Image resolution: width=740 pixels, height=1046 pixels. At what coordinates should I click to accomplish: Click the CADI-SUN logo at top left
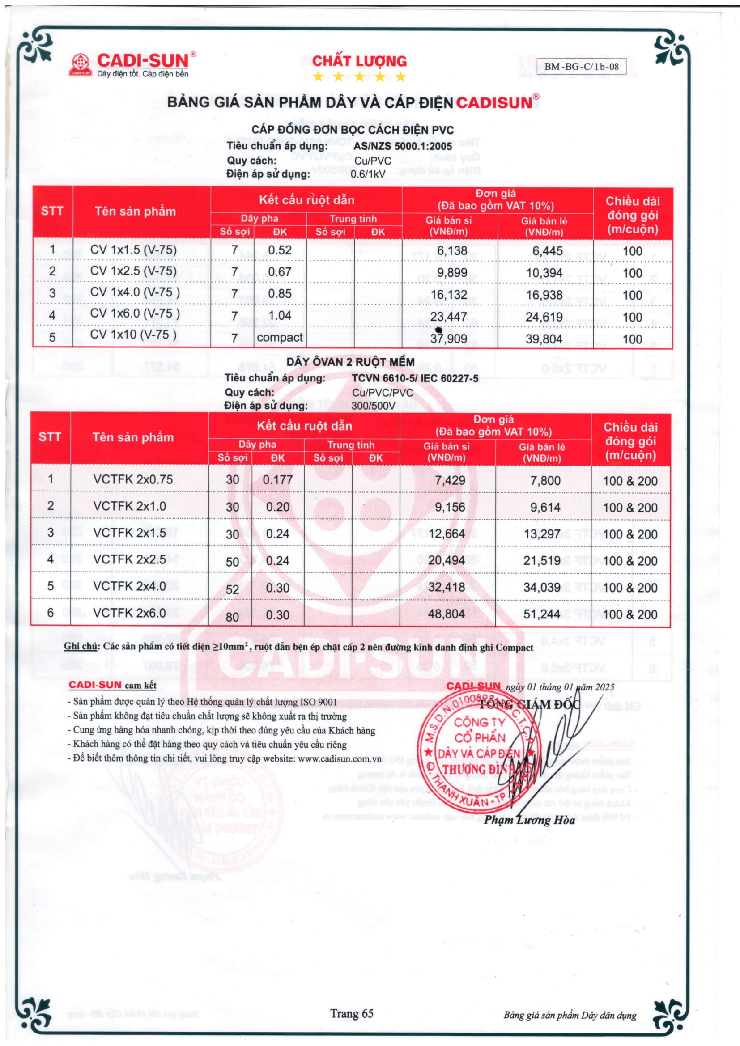point(132,65)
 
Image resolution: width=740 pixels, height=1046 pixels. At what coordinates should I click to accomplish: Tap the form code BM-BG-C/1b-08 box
point(582,67)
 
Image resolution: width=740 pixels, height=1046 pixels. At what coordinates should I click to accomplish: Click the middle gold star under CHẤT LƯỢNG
point(359,76)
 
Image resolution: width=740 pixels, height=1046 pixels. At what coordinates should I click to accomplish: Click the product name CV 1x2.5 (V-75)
point(133,271)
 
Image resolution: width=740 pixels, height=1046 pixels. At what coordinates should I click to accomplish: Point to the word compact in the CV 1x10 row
point(279,338)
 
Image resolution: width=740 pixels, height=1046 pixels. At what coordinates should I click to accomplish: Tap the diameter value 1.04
point(279,315)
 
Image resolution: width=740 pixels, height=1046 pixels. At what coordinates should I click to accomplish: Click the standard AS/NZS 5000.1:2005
point(403,146)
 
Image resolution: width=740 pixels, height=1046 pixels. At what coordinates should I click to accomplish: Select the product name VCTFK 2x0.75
point(133,479)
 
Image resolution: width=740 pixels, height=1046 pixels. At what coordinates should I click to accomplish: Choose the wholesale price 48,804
point(446,614)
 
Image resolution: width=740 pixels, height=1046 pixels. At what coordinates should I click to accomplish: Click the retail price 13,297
point(542,534)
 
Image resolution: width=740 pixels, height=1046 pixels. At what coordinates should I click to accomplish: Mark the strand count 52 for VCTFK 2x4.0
point(232,589)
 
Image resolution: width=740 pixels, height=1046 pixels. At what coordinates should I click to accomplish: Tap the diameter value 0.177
point(277,480)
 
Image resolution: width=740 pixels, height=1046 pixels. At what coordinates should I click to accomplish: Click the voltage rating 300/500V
point(373,406)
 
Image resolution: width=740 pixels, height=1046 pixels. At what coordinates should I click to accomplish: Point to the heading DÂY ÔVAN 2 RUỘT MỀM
point(350,362)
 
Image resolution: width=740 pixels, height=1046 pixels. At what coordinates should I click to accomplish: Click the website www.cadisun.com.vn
point(340,759)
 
